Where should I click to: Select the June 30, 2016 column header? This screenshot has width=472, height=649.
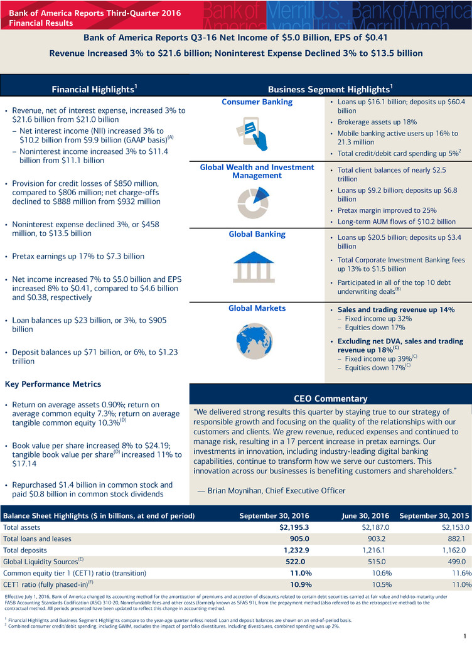pos(366,515)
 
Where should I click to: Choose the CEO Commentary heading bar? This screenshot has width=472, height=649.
pos(330,398)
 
